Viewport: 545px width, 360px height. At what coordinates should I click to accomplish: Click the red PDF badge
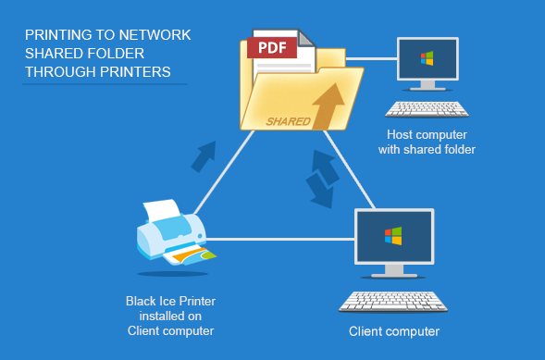(x=272, y=47)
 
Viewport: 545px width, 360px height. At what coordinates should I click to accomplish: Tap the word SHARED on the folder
(x=288, y=121)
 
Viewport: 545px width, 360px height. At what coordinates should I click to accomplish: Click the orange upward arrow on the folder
(x=328, y=106)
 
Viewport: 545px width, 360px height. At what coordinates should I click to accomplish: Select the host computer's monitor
(x=427, y=64)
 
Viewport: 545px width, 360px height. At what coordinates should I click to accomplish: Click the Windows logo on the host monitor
(x=427, y=58)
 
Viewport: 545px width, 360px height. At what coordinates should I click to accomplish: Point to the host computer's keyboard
(x=427, y=109)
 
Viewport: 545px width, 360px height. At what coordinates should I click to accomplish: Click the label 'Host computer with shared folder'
(x=427, y=142)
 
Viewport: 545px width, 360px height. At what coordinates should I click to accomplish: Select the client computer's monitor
(x=394, y=243)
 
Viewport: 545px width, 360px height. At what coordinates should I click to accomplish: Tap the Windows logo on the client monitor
(x=393, y=236)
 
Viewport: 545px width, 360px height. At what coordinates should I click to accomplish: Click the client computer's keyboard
(x=393, y=302)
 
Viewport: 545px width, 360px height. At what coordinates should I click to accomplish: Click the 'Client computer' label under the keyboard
(x=394, y=331)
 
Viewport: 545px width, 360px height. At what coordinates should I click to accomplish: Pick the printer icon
(x=176, y=233)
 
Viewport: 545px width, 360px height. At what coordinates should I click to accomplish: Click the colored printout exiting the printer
(x=191, y=256)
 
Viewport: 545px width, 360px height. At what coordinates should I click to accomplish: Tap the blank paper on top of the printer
(x=163, y=209)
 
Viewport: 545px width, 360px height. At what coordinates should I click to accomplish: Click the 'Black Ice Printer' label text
(x=170, y=301)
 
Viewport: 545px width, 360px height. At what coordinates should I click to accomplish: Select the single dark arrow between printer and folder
(x=204, y=156)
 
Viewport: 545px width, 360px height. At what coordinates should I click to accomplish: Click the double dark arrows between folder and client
(x=322, y=179)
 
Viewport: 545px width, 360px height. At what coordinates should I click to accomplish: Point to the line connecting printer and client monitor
(x=280, y=239)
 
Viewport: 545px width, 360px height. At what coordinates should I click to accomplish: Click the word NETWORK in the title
(x=155, y=35)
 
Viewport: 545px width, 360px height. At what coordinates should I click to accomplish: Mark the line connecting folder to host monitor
(x=372, y=58)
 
